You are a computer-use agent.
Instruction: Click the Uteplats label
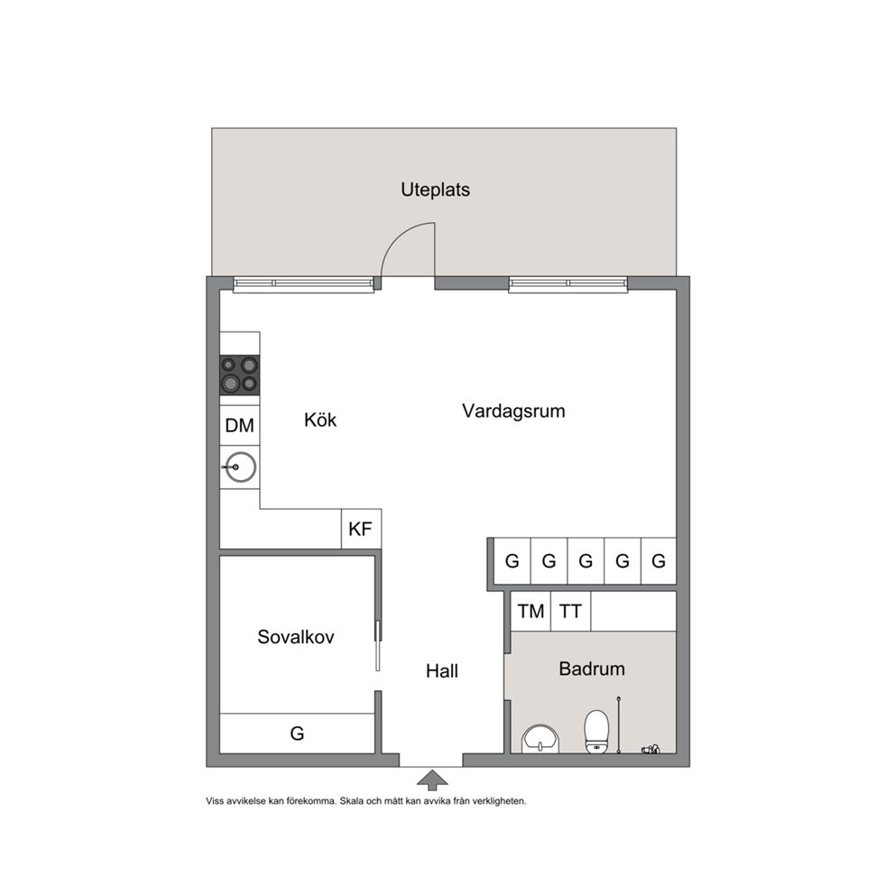tap(435, 189)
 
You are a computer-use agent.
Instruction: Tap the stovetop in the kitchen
tap(240, 375)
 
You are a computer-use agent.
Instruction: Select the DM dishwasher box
tap(240, 425)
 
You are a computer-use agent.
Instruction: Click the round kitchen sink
tap(240, 467)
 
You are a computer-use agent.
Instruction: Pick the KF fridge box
tap(361, 529)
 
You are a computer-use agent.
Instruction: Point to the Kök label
tap(320, 420)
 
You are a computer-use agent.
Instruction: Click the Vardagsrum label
tap(513, 411)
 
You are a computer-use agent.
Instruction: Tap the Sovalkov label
tap(296, 637)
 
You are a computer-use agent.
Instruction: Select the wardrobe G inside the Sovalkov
tap(297, 733)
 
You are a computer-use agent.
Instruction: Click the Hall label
tap(442, 671)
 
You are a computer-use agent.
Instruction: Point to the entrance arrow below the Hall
tap(433, 780)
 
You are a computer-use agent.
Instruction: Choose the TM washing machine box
tap(531, 612)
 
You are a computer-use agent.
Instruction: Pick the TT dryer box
tap(571, 612)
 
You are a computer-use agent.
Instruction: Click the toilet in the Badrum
tap(596, 732)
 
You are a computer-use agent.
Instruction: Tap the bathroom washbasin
tap(540, 739)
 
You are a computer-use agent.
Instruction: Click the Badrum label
tap(592, 669)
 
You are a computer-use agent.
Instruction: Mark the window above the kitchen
tap(304, 284)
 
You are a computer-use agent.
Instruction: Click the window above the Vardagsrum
tap(567, 284)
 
